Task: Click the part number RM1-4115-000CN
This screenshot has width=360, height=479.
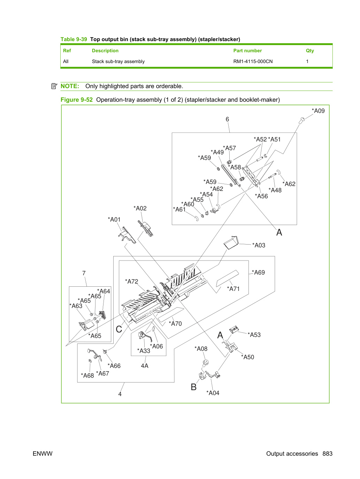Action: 253,62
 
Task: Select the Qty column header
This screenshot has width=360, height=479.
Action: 310,51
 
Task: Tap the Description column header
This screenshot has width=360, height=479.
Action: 105,51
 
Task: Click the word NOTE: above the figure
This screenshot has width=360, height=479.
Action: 70,86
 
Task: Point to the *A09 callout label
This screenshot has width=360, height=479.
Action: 318,111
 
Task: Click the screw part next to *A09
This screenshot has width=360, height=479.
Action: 302,120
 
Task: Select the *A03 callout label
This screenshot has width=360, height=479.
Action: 259,245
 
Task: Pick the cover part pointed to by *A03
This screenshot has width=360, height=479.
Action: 231,242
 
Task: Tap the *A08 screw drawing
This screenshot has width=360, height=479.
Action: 206,363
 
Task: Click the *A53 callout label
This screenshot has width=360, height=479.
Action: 254,335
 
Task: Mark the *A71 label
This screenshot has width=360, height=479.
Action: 233,289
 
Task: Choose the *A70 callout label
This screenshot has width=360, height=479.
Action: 175,324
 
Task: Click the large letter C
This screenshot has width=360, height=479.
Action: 119,329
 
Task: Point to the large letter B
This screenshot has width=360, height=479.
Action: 194,387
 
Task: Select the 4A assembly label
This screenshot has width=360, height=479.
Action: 145,365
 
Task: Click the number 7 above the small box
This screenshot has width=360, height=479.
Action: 84,273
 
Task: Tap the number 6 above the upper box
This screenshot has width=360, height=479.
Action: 227,119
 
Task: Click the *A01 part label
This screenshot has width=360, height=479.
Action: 114,219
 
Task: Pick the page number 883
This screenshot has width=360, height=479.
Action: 328,454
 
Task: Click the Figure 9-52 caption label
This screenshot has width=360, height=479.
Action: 77,100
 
